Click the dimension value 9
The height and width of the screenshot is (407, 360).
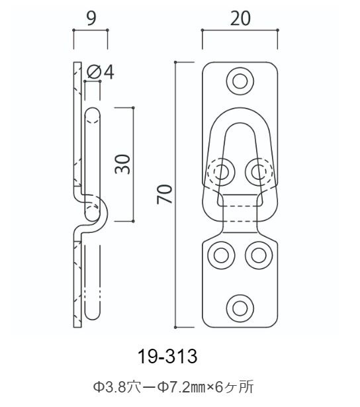[x=91, y=19]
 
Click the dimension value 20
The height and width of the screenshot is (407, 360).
[x=240, y=19]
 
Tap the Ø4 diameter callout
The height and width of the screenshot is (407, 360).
[x=101, y=72]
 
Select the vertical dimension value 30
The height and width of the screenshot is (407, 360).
[x=122, y=164]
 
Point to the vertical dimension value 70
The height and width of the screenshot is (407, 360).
[x=165, y=194]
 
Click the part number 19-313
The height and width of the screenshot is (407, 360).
[x=167, y=356]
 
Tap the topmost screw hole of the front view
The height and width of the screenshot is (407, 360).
[x=240, y=81]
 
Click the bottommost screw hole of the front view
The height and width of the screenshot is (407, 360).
[x=240, y=308]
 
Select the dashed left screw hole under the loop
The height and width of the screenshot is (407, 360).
[x=221, y=171]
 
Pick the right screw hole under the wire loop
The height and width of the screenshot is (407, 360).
[x=259, y=171]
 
